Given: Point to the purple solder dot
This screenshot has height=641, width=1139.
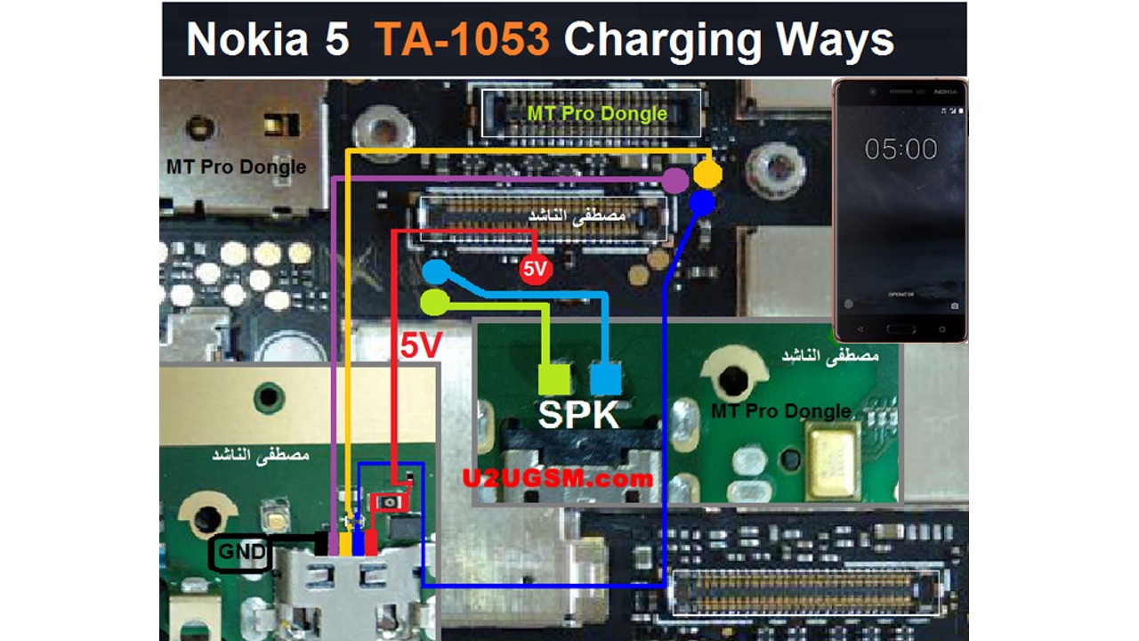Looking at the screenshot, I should pyautogui.click(x=676, y=181).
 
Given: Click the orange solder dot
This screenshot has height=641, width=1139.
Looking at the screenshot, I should pyautogui.click(x=707, y=174).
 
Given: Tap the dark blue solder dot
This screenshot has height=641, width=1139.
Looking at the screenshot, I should pyautogui.click(x=702, y=204).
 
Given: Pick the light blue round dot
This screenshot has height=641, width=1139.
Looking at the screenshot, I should pyautogui.click(x=436, y=272).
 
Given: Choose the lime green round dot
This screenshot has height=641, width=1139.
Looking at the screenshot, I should pyautogui.click(x=435, y=302).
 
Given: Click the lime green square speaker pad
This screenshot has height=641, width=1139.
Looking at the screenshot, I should pyautogui.click(x=553, y=379).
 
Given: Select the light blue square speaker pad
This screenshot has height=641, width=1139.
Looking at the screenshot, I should pyautogui.click(x=606, y=379).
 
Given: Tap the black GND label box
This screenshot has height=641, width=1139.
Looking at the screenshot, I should pyautogui.click(x=241, y=553).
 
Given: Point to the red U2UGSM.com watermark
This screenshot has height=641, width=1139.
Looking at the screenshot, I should pyautogui.click(x=557, y=478).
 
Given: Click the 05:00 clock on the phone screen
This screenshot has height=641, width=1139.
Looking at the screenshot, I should pyautogui.click(x=901, y=149).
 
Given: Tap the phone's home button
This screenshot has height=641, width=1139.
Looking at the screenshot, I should pyautogui.click(x=901, y=329).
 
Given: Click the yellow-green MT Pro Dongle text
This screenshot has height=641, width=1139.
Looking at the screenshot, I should pyautogui.click(x=596, y=114).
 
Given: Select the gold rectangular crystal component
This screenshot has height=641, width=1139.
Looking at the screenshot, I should pyautogui.click(x=832, y=461).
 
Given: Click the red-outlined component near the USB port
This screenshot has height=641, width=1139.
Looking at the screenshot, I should pyautogui.click(x=390, y=502).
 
